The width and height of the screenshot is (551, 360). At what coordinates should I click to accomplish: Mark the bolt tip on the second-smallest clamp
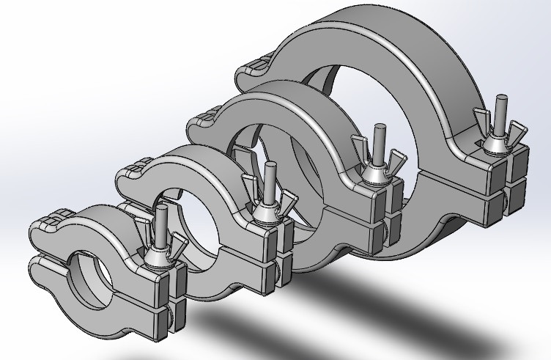(270, 168)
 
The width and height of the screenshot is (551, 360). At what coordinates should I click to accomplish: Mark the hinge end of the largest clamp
(253, 73)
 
